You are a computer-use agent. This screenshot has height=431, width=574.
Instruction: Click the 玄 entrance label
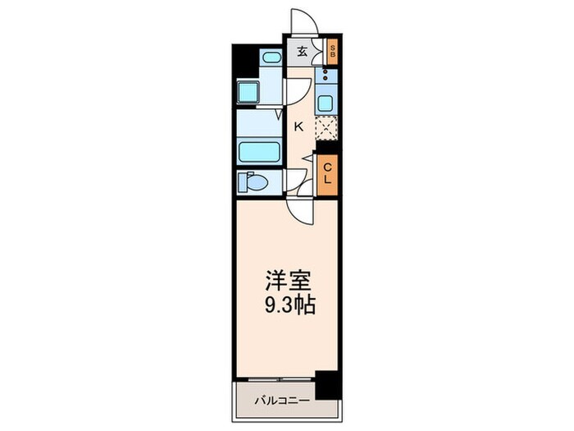click(x=302, y=52)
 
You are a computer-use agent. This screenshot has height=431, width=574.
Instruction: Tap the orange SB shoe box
click(x=332, y=52)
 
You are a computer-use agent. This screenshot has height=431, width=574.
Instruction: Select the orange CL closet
click(x=327, y=174)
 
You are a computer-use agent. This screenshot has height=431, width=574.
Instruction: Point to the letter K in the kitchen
click(x=299, y=126)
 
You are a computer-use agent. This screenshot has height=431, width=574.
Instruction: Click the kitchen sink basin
click(x=325, y=104)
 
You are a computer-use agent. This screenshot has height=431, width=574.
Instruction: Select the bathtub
click(x=259, y=152)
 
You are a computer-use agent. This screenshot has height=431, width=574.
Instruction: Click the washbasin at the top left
click(x=271, y=57)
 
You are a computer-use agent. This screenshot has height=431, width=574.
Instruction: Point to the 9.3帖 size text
click(x=287, y=305)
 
